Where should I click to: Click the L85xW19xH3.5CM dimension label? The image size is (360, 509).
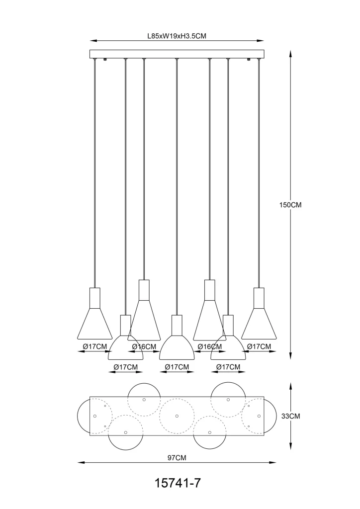[177, 36]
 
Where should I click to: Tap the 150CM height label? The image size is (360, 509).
[290, 205]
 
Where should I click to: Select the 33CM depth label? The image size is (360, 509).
[290, 416]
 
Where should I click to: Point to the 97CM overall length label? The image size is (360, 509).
[177, 458]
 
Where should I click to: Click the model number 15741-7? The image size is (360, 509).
[177, 483]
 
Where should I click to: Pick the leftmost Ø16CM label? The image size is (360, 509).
[144, 346]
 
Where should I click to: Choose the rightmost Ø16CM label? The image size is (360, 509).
[210, 346]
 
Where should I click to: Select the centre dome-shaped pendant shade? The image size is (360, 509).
[177, 347]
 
